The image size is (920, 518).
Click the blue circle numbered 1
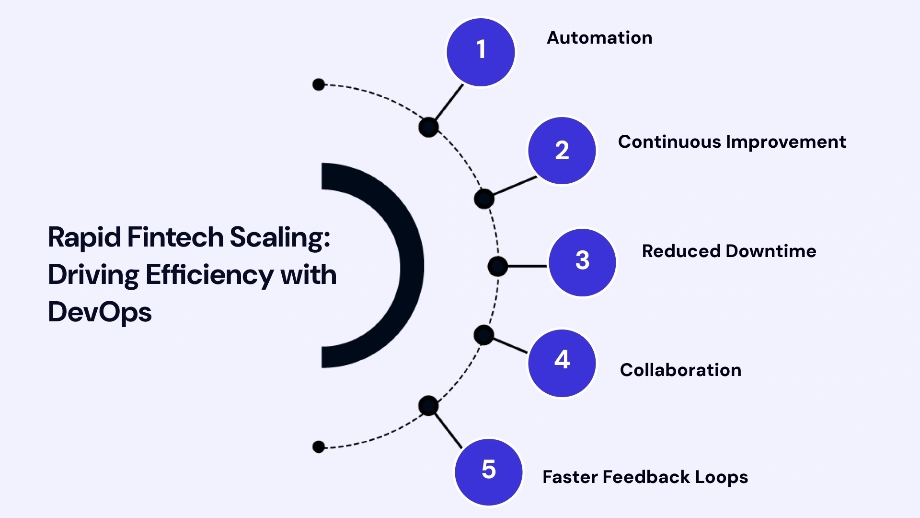coord(481,52)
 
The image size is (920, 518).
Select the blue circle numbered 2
coord(562,151)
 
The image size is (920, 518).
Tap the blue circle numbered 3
coord(582,262)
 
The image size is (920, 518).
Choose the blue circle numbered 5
coord(488,472)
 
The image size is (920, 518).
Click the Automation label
coord(599,38)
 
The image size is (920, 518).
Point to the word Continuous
coord(669,142)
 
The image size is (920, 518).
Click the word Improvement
coord(786,142)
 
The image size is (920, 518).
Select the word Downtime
coord(771,251)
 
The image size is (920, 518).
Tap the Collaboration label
coord(680,370)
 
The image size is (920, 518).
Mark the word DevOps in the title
coord(100,312)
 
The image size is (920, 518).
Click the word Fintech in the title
coord(175,237)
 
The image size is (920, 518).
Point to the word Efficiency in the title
coord(209,275)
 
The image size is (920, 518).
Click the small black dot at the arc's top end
coord(319,85)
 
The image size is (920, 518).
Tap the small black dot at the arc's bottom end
coord(319,447)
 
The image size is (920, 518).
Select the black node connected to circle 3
coord(497,266)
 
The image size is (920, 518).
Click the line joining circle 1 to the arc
coord(449,103)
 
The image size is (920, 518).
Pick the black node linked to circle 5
coord(428,406)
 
